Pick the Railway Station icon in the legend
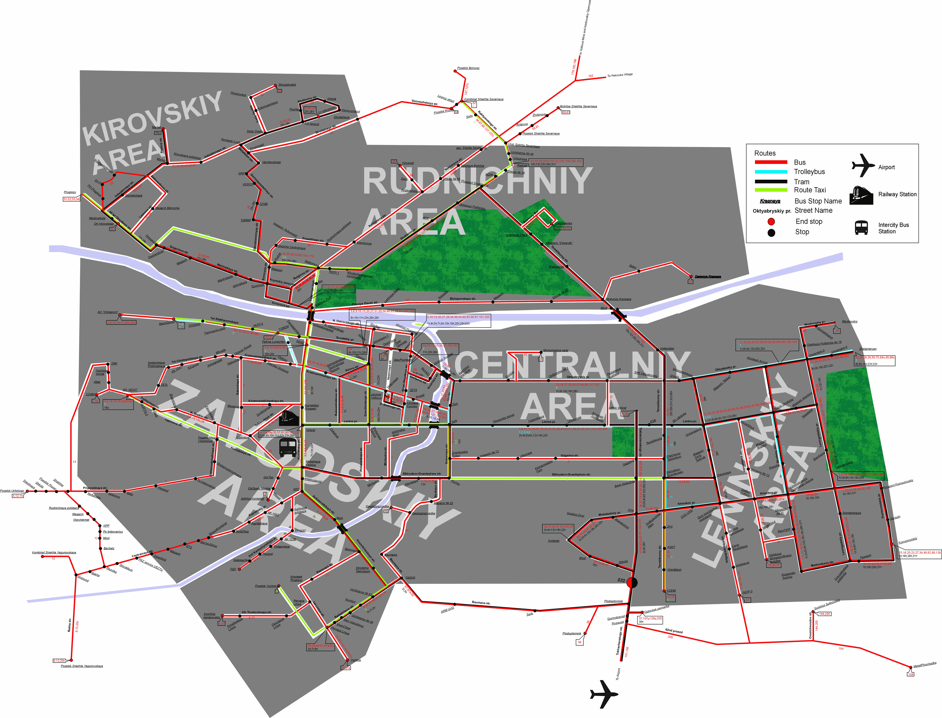861,195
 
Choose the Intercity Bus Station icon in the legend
861,227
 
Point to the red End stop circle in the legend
771,221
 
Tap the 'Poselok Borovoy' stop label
468,68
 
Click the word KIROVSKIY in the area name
152,118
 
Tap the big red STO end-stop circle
632,582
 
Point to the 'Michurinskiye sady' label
556,351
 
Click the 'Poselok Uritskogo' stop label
12,491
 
